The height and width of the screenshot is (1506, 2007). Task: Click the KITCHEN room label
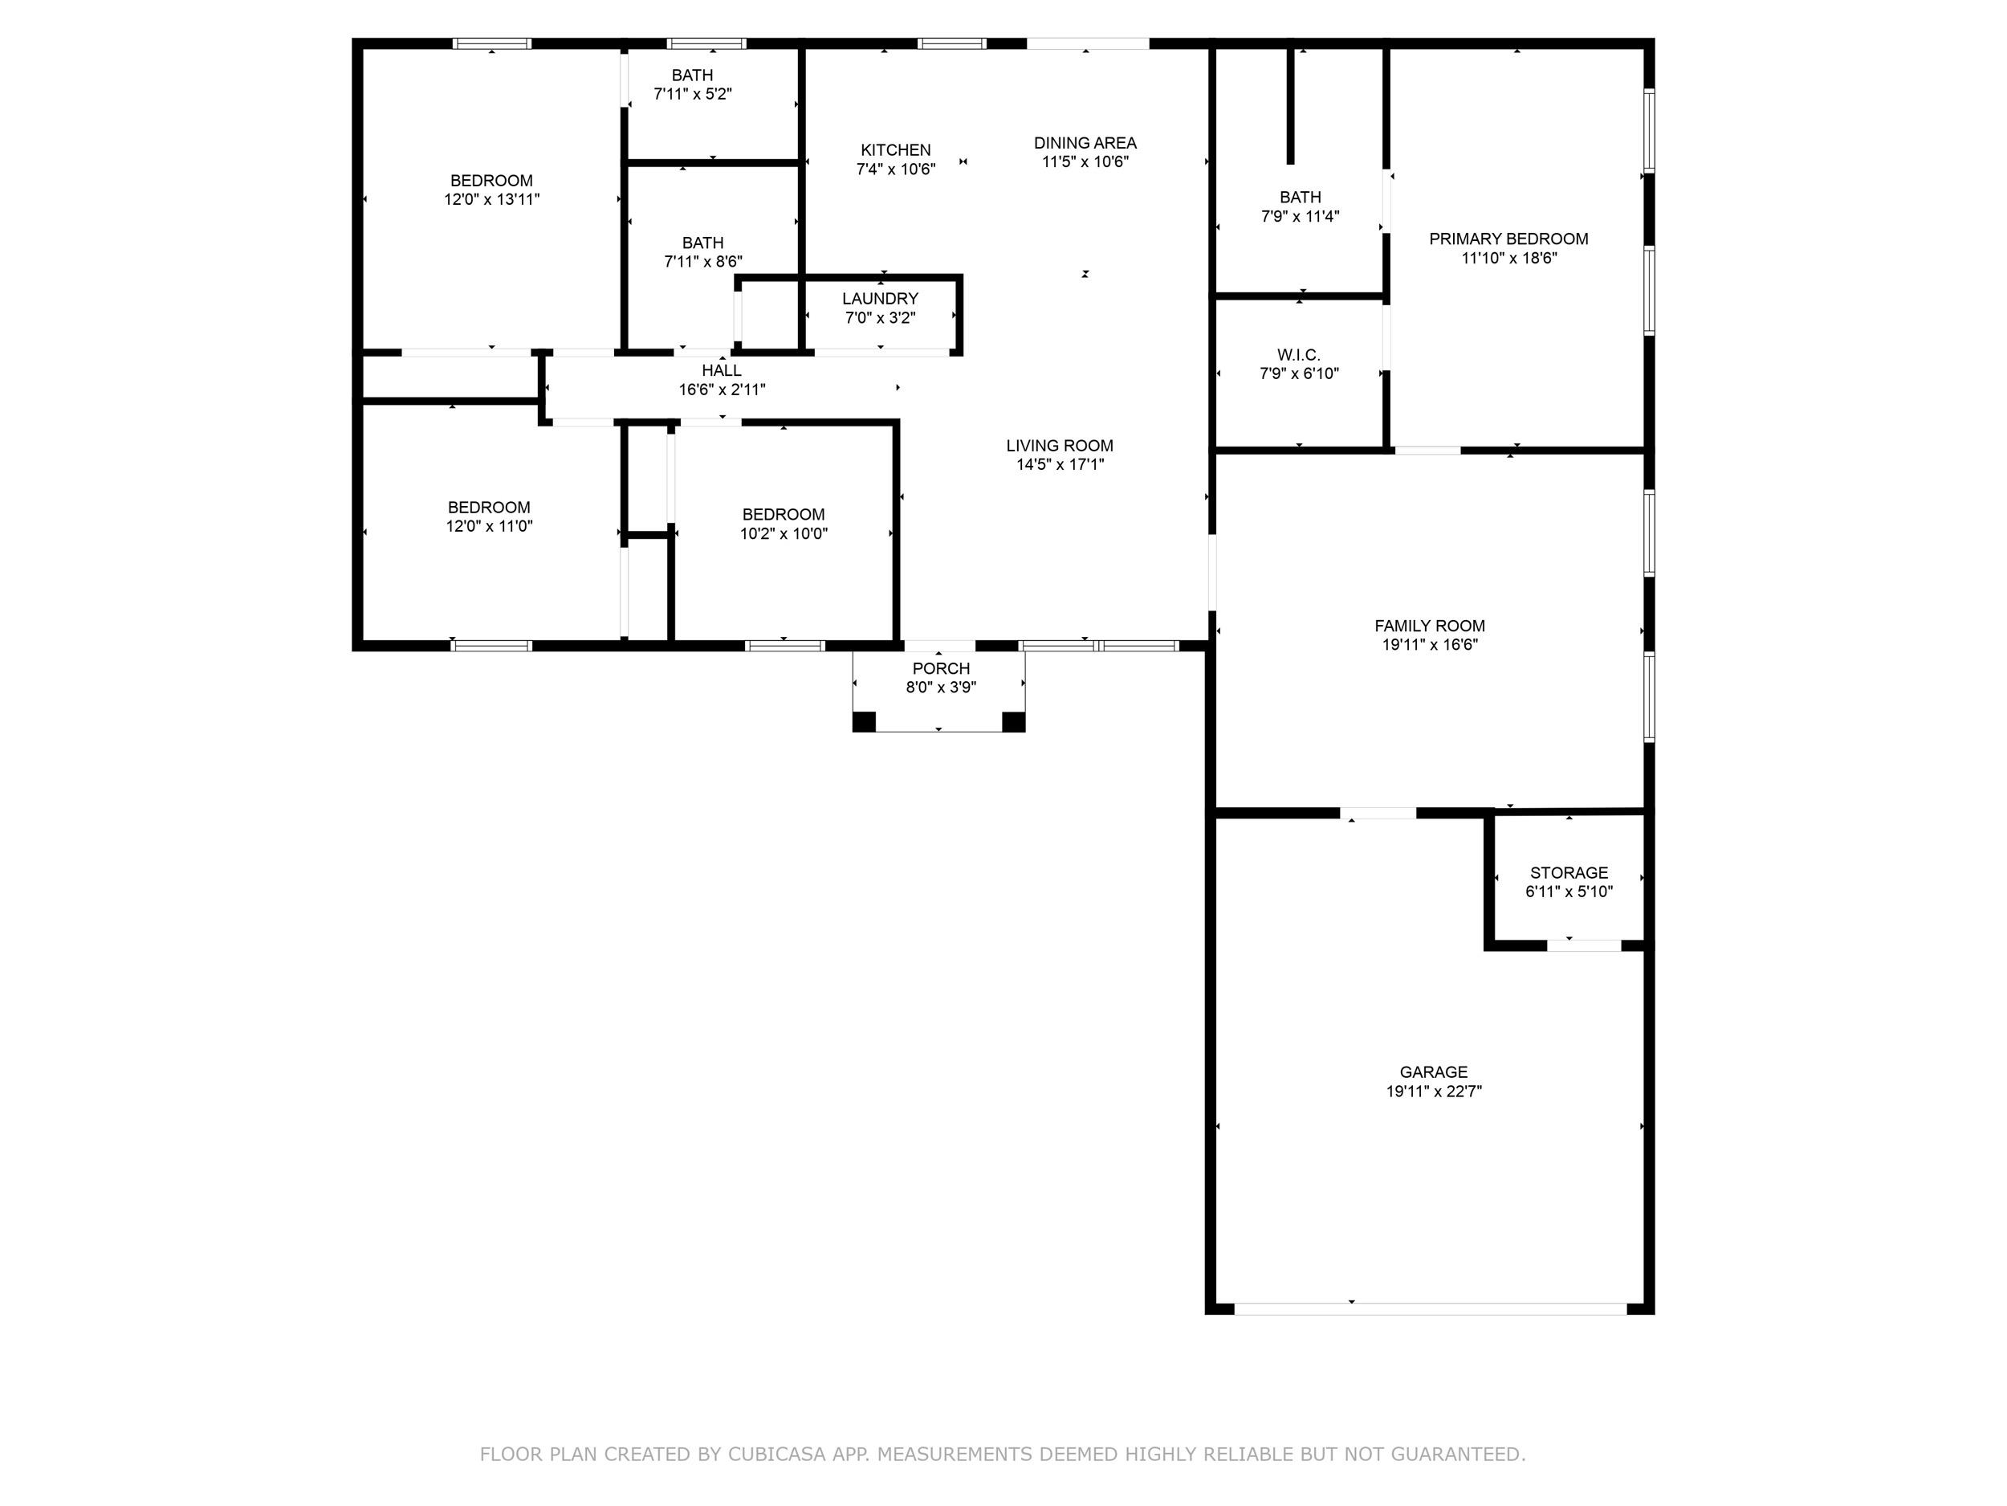click(896, 149)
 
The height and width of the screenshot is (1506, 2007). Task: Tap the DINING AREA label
click(1085, 142)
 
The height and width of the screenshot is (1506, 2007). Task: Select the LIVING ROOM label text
click(1060, 446)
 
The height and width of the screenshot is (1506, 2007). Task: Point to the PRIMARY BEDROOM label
click(1509, 239)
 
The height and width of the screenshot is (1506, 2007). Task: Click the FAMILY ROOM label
click(1430, 626)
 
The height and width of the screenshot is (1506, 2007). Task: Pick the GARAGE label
click(1434, 1072)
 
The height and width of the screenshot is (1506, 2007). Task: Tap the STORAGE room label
click(1569, 872)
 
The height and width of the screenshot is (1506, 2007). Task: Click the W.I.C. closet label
click(1299, 355)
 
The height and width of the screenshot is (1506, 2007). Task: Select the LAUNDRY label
click(880, 299)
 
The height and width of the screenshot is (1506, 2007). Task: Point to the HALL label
click(722, 370)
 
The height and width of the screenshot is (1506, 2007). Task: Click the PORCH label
click(941, 668)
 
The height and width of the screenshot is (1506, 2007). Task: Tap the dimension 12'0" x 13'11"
click(492, 200)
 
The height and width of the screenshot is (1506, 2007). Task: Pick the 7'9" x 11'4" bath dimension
click(1301, 216)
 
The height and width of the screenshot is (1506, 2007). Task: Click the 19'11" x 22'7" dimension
click(1434, 1091)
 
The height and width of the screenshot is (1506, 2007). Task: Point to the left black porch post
click(864, 722)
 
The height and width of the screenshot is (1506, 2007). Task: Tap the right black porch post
click(1013, 722)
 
